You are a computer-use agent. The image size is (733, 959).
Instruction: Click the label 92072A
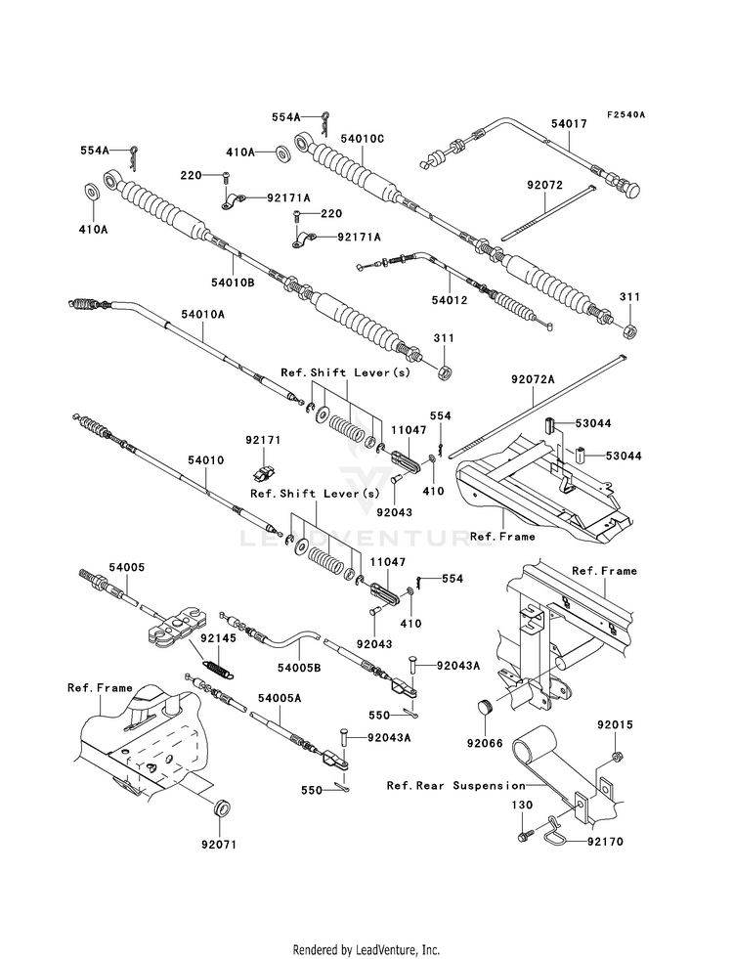pyautogui.click(x=532, y=378)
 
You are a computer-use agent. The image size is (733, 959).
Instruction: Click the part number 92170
pyautogui.click(x=605, y=840)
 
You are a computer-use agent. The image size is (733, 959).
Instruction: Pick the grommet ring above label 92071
pyautogui.click(x=223, y=808)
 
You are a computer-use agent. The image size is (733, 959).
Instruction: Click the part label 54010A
pyautogui.click(x=201, y=315)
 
